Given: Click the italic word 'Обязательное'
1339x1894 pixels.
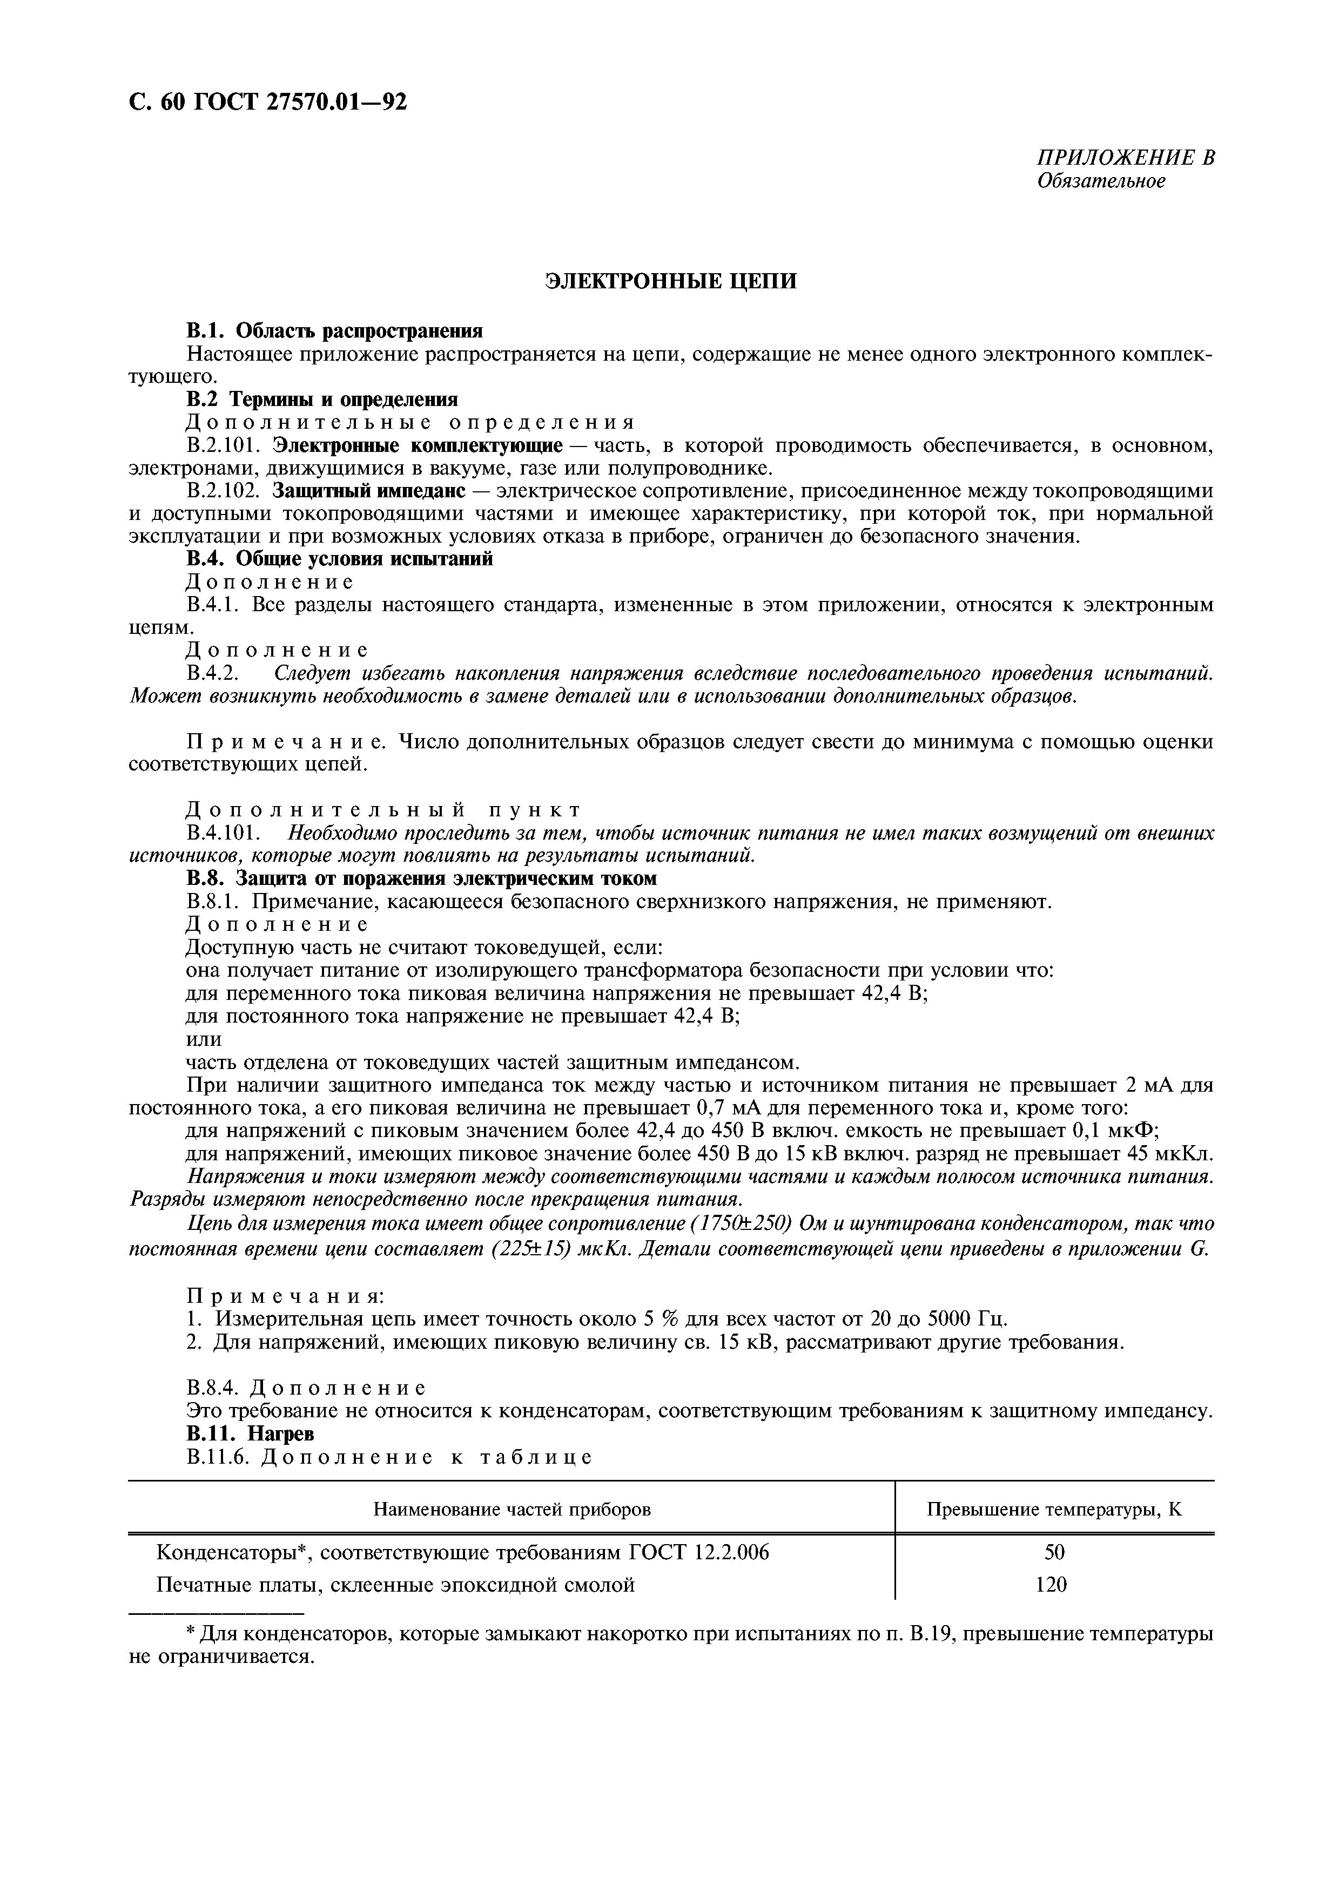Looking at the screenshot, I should (x=1101, y=181).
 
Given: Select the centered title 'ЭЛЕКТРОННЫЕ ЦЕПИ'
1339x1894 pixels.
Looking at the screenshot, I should (x=671, y=281).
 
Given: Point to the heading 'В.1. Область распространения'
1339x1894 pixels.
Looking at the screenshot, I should (x=334, y=331).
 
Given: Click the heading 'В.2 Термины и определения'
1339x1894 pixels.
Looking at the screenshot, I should (x=322, y=399).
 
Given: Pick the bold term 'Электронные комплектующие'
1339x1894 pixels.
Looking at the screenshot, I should (x=418, y=445).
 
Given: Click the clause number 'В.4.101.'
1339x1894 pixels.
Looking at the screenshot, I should (x=224, y=833).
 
